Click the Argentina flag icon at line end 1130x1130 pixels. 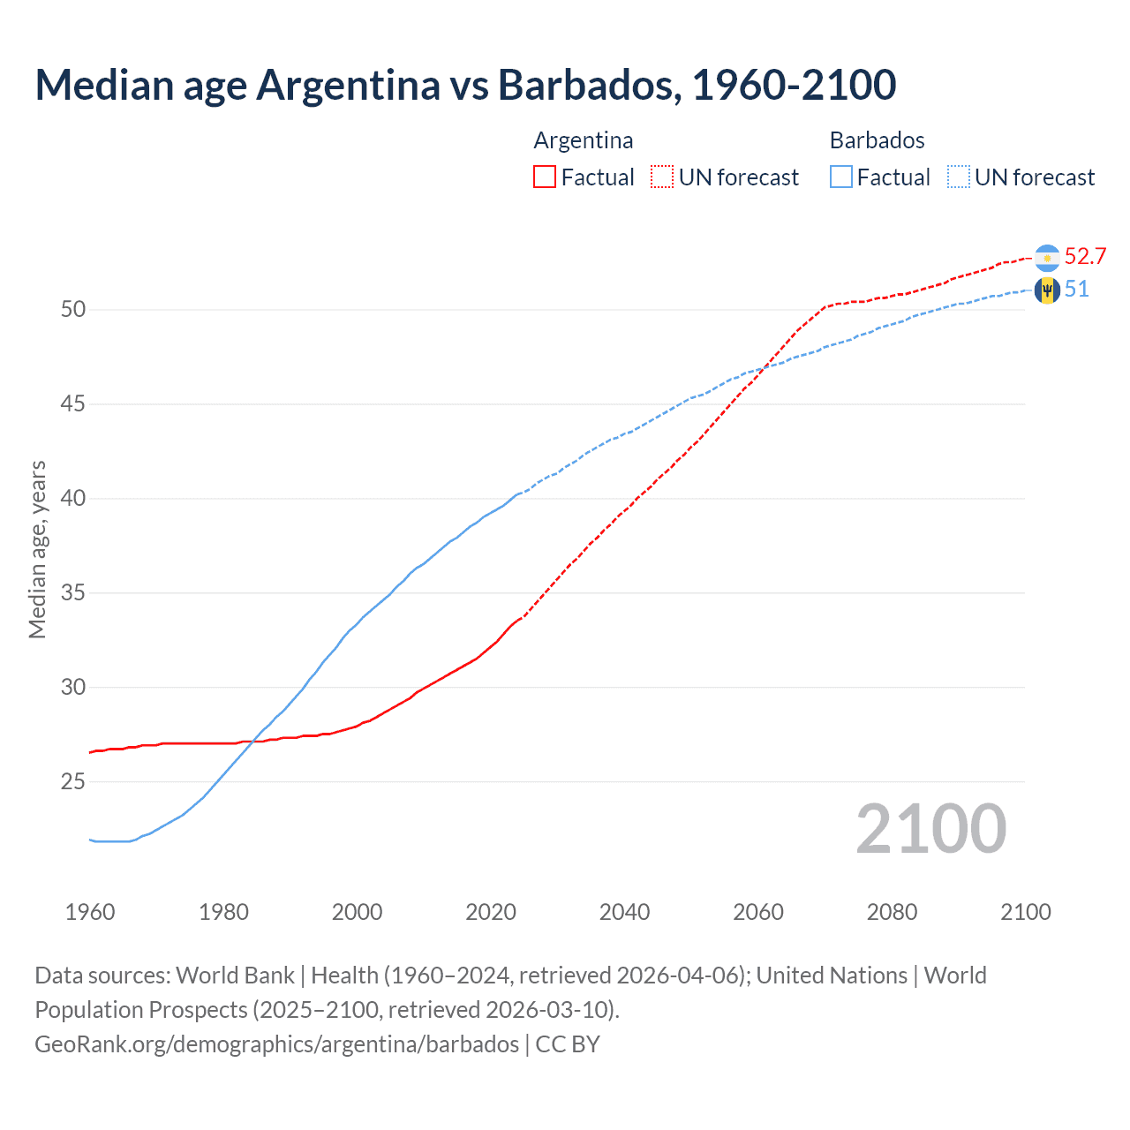click(1047, 258)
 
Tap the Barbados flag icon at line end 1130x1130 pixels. click(1047, 290)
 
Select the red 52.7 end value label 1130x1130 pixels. click(1085, 257)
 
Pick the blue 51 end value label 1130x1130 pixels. click(1076, 290)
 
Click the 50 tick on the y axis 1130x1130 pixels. click(73, 310)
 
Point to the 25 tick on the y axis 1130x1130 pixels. click(73, 782)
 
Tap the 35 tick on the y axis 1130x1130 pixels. click(73, 593)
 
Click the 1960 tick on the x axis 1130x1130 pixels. click(90, 912)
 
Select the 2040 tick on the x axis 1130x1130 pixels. click(624, 912)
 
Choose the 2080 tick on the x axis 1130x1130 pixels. click(892, 912)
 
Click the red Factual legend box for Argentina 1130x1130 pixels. click(545, 177)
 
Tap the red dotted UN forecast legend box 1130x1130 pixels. click(662, 177)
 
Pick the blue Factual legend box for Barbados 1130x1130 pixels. click(841, 177)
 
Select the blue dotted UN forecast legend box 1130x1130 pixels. click(959, 177)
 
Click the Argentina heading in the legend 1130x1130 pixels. click(584, 140)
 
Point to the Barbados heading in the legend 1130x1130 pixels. click(878, 140)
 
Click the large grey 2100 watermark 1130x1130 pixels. click(931, 829)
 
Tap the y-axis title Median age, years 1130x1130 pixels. click(37, 549)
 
